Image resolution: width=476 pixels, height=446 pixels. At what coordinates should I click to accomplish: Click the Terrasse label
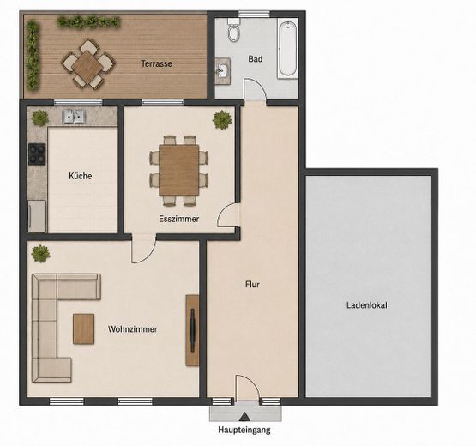(x=156, y=63)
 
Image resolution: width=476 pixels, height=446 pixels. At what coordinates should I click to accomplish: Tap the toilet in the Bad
(x=234, y=30)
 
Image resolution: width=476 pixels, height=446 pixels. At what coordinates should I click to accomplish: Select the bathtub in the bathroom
(x=287, y=49)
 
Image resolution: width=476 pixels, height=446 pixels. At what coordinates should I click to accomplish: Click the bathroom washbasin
(x=222, y=71)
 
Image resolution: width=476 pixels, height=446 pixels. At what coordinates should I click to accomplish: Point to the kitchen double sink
(x=75, y=117)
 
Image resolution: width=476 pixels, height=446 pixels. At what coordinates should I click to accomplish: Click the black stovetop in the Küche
(x=37, y=154)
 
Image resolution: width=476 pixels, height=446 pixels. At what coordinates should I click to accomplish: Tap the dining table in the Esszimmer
(x=178, y=170)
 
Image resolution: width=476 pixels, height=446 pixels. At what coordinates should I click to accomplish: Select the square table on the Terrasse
(x=87, y=65)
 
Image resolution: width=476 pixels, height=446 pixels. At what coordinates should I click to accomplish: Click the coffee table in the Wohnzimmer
(x=83, y=329)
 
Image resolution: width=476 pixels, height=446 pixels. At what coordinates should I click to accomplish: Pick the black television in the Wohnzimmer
(x=192, y=330)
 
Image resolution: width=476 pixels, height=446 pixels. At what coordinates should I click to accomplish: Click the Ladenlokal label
(x=367, y=305)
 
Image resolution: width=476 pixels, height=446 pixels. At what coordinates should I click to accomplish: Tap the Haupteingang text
(x=244, y=430)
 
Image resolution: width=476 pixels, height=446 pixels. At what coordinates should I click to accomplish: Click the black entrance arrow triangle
(x=244, y=417)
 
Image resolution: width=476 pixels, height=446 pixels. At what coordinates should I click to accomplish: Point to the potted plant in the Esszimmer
(x=222, y=119)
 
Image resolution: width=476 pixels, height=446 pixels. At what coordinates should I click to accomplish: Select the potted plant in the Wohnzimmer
(x=40, y=254)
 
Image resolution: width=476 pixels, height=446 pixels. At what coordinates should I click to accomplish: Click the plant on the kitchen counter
(x=40, y=118)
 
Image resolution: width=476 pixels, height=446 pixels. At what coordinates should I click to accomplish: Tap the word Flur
(x=252, y=285)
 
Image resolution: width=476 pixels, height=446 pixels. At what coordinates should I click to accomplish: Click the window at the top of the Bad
(x=254, y=14)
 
